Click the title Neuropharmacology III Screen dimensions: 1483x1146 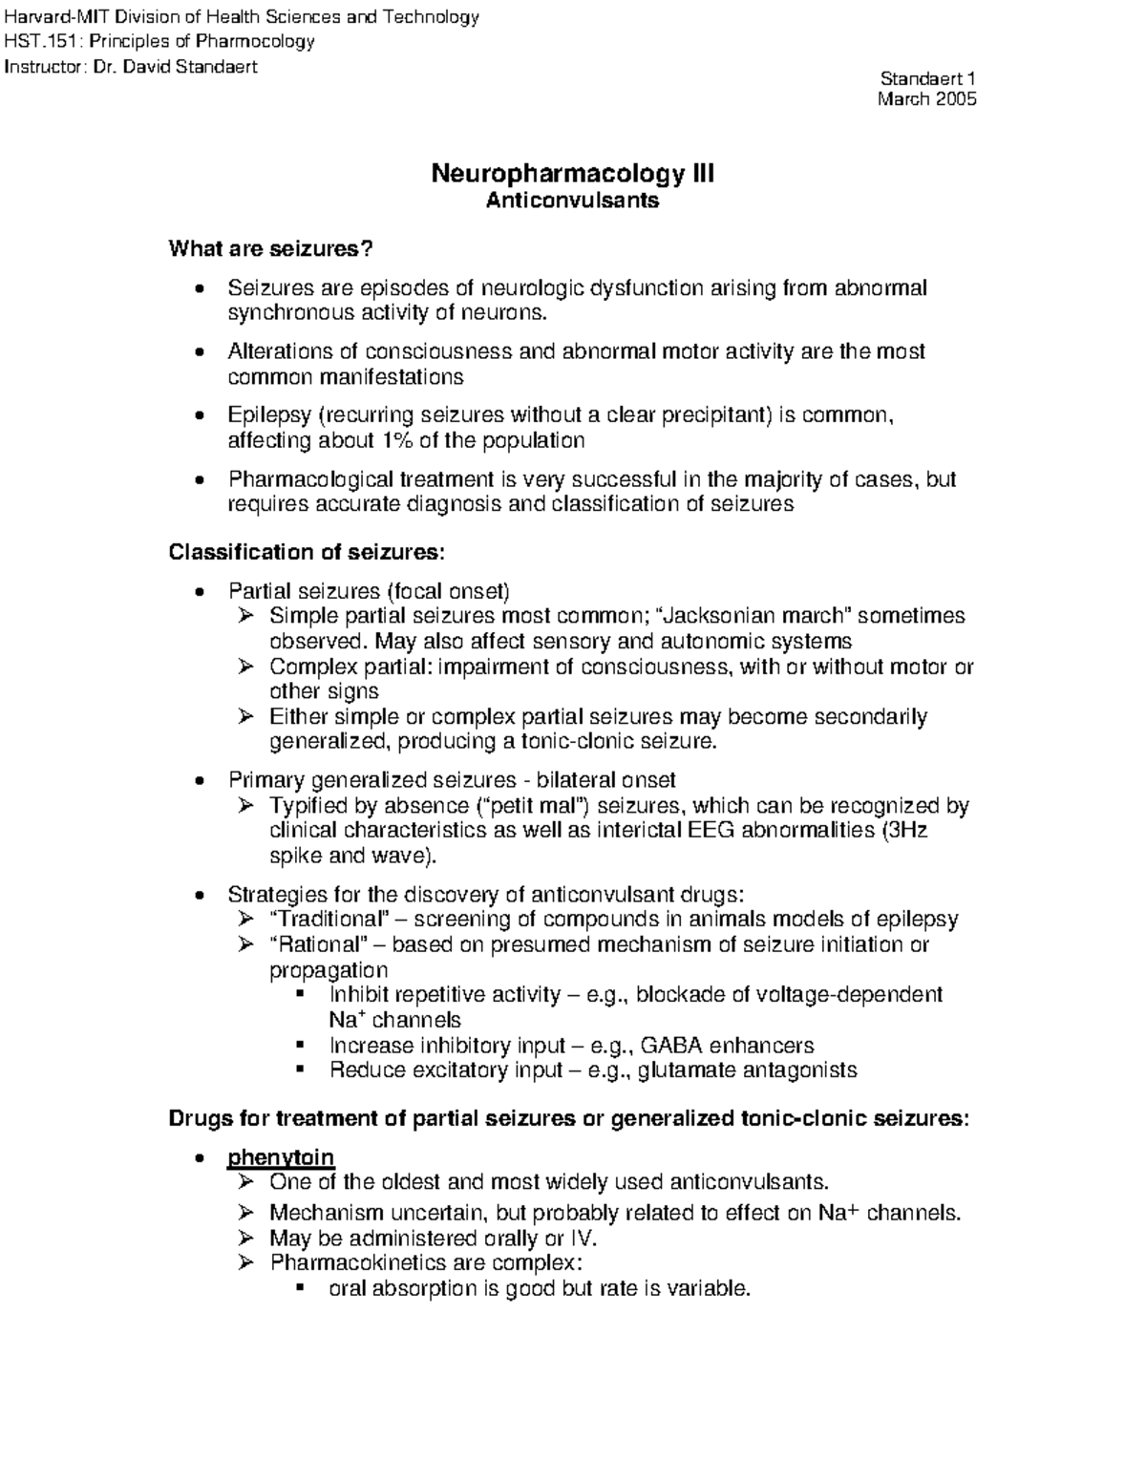pos(572,174)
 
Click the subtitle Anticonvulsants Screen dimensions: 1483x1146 pos(572,201)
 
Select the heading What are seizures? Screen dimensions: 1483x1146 pos(270,249)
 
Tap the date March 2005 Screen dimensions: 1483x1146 pos(926,99)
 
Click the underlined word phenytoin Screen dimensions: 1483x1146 pos(280,1158)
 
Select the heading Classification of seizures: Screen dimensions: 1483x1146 pos(307,552)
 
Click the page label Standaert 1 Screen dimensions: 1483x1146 pos(926,79)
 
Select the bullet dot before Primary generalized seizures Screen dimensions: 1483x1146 pos(198,780)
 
